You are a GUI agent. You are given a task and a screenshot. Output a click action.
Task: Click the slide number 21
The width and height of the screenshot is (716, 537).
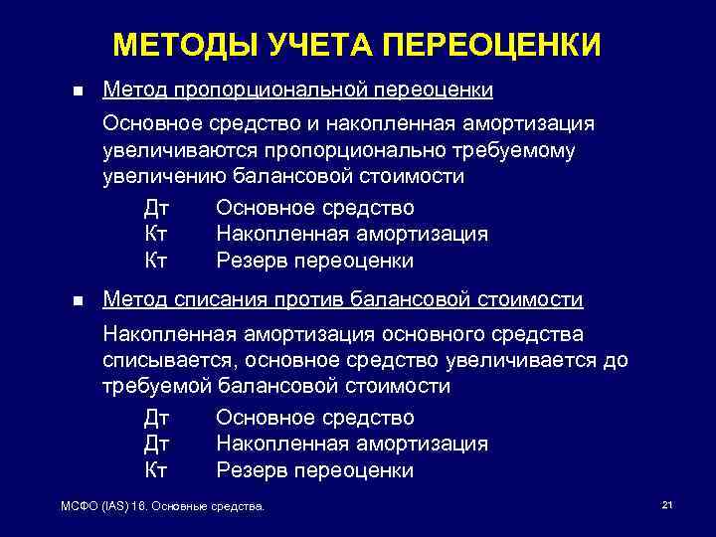coord(667,506)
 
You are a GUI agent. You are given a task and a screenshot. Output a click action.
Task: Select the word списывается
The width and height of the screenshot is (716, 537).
coord(162,359)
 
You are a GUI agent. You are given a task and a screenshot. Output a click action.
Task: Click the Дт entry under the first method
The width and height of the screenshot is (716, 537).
coord(157,208)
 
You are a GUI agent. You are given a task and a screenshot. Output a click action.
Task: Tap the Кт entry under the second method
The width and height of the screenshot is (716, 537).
coord(156,469)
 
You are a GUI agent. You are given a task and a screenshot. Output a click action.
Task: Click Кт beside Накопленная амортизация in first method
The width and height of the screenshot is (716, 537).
coord(156,235)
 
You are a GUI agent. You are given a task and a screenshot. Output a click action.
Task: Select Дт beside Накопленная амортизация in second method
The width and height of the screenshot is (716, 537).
coord(157,444)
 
